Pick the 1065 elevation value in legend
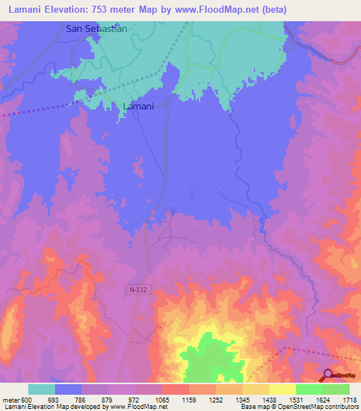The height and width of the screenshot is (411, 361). coord(162,400)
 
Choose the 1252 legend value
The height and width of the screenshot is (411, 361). coord(216,400)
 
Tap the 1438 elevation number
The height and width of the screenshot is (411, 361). coord(269,400)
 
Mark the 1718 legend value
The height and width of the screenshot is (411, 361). coord(349,400)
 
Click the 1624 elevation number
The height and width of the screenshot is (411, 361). coord(323,400)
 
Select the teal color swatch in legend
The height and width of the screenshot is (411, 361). coord(42,389)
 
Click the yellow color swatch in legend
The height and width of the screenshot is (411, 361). coord(283,389)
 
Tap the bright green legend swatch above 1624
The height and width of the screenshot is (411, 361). coord(310,389)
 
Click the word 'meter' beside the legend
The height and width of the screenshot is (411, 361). coord(10,400)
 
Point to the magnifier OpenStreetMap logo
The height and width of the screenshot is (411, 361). coord(327,374)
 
